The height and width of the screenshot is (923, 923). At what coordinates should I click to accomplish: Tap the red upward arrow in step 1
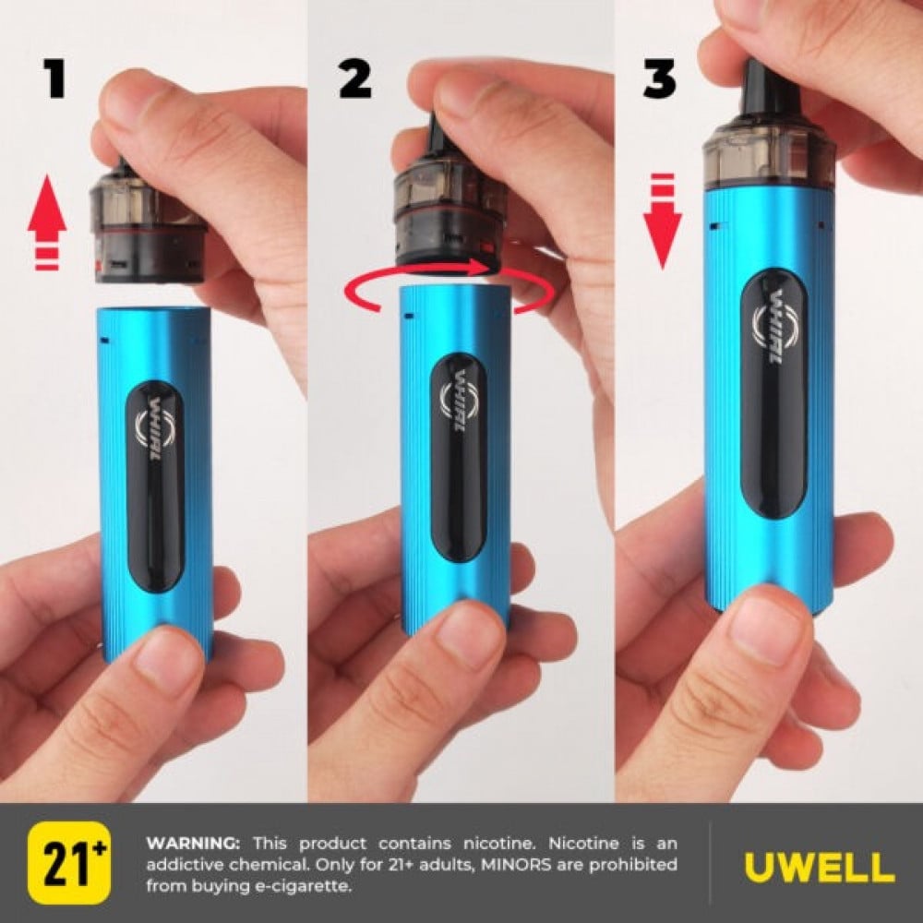(47, 221)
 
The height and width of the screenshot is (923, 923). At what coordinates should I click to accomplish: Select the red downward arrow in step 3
(662, 221)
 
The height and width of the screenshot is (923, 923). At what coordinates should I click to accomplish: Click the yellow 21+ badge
(69, 862)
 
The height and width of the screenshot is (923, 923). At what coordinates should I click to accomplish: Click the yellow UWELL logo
(819, 868)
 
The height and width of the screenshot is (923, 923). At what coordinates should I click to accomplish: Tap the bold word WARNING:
(193, 843)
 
